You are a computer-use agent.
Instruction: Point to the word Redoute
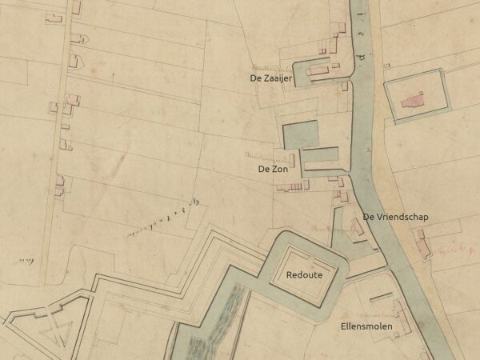point(305,274)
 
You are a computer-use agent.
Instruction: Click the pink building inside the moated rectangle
point(413,101)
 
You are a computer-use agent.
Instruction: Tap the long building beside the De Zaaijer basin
point(319,72)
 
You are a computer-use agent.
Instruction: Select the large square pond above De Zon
point(301,134)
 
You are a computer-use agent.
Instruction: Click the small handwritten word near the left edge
point(28,259)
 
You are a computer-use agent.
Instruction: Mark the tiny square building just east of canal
point(386,66)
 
